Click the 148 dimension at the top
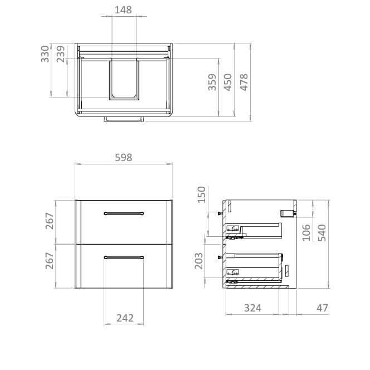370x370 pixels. (x=124, y=9)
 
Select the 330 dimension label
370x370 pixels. (x=46, y=55)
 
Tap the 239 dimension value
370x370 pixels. (x=61, y=55)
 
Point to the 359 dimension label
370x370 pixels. (x=212, y=82)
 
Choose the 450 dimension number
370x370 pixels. (x=227, y=82)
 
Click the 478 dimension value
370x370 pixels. (x=244, y=82)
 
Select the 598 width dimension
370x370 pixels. (x=123, y=158)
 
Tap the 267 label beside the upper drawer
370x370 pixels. (x=49, y=221)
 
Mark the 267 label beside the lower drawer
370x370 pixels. (x=49, y=261)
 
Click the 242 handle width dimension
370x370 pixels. (x=125, y=318)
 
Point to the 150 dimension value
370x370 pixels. (x=202, y=195)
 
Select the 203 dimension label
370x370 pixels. (x=198, y=260)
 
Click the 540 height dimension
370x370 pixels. (x=322, y=232)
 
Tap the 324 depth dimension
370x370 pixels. (x=252, y=308)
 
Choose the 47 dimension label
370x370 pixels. (x=322, y=308)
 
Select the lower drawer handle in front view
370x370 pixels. (x=124, y=257)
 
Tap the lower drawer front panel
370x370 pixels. (x=124, y=273)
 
